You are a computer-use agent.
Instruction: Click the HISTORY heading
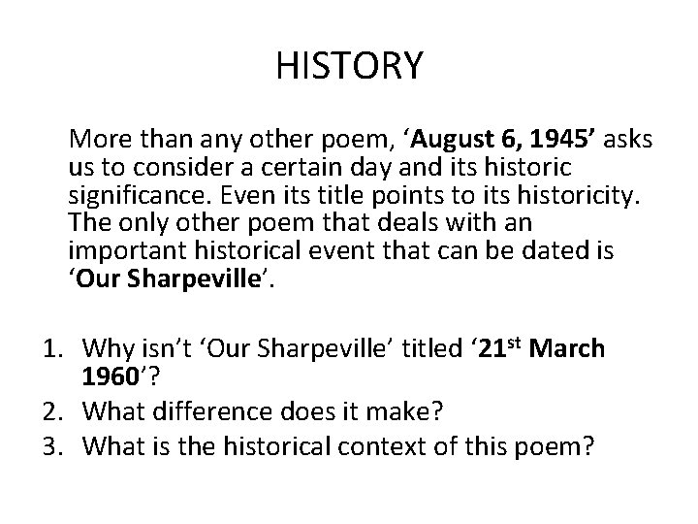pyautogui.click(x=349, y=67)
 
